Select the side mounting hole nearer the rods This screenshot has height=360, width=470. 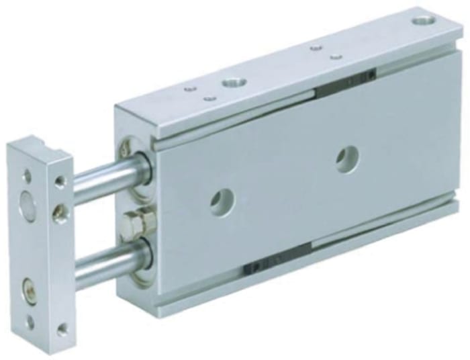tap(220, 200)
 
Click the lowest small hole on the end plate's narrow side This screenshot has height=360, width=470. tap(62, 328)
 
